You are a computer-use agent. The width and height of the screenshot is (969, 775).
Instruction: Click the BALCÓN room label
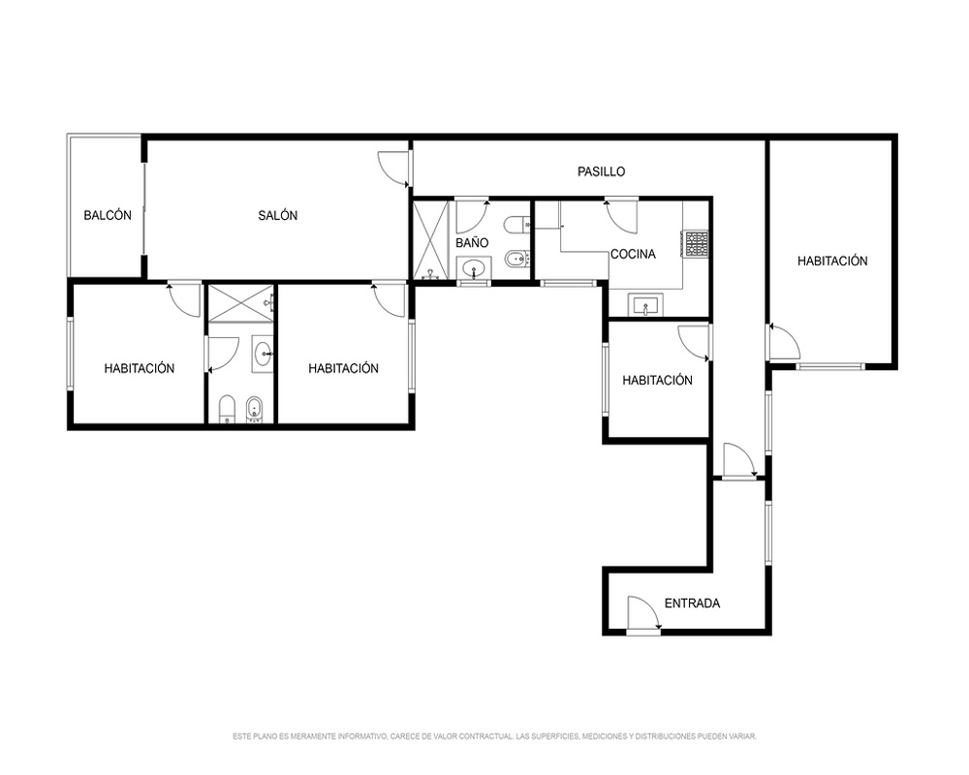pyautogui.click(x=108, y=216)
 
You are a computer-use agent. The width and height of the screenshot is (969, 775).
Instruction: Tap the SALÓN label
pyautogui.click(x=277, y=216)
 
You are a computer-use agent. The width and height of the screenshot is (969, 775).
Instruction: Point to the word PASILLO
pyautogui.click(x=602, y=171)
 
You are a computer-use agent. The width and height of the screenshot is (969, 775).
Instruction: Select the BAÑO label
pyautogui.click(x=472, y=243)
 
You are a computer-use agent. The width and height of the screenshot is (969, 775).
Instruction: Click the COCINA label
pyautogui.click(x=633, y=254)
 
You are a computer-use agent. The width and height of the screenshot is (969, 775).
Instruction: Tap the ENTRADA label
pyautogui.click(x=692, y=604)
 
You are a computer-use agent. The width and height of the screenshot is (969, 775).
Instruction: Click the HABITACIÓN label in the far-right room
pyautogui.click(x=832, y=261)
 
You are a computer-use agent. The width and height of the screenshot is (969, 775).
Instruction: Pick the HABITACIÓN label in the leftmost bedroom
pyautogui.click(x=139, y=368)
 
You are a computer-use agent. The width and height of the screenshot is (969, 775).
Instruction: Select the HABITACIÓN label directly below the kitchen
pyautogui.click(x=657, y=380)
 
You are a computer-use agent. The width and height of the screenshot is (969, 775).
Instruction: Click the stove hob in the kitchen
pyautogui.click(x=696, y=244)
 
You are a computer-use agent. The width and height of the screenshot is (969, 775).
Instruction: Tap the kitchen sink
pyautogui.click(x=645, y=305)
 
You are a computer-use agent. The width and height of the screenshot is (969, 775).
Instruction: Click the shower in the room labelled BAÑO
pyautogui.click(x=431, y=239)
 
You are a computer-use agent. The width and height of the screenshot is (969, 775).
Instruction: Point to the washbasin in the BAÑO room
pyautogui.click(x=474, y=269)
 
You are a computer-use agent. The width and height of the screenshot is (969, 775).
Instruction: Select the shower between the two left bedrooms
pyautogui.click(x=240, y=304)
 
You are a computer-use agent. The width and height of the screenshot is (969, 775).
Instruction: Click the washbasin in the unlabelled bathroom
pyautogui.click(x=263, y=354)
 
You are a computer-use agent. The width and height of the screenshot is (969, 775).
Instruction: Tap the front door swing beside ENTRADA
pyautogui.click(x=643, y=615)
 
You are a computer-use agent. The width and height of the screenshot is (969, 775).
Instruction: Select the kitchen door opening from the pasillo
pyautogui.click(x=621, y=215)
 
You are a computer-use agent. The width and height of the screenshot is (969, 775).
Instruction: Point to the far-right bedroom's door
pyautogui.click(x=784, y=341)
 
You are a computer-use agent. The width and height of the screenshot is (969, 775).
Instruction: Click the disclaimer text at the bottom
pyautogui.click(x=494, y=736)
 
